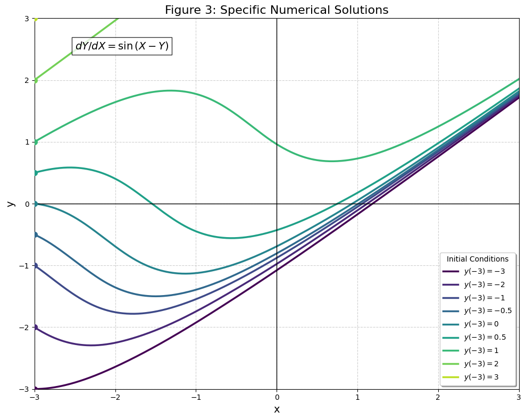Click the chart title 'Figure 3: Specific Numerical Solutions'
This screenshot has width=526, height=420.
(277, 10)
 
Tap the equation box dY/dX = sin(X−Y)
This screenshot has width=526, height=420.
(122, 46)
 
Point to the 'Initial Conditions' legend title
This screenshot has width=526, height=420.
(478, 259)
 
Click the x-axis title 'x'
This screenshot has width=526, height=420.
(277, 409)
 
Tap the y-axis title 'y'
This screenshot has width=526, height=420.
(9, 204)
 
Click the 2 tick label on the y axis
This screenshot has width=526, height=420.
(26, 80)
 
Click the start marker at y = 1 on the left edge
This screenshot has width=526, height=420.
(35, 142)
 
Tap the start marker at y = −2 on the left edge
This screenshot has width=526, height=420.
(35, 327)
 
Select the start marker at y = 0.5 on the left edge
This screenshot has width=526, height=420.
(35, 173)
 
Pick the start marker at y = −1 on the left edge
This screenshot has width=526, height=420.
(35, 265)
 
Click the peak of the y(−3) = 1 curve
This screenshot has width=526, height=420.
(170, 90)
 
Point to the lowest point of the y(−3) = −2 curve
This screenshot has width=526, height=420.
(91, 345)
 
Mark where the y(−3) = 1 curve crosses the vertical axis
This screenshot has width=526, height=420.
(277, 144)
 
